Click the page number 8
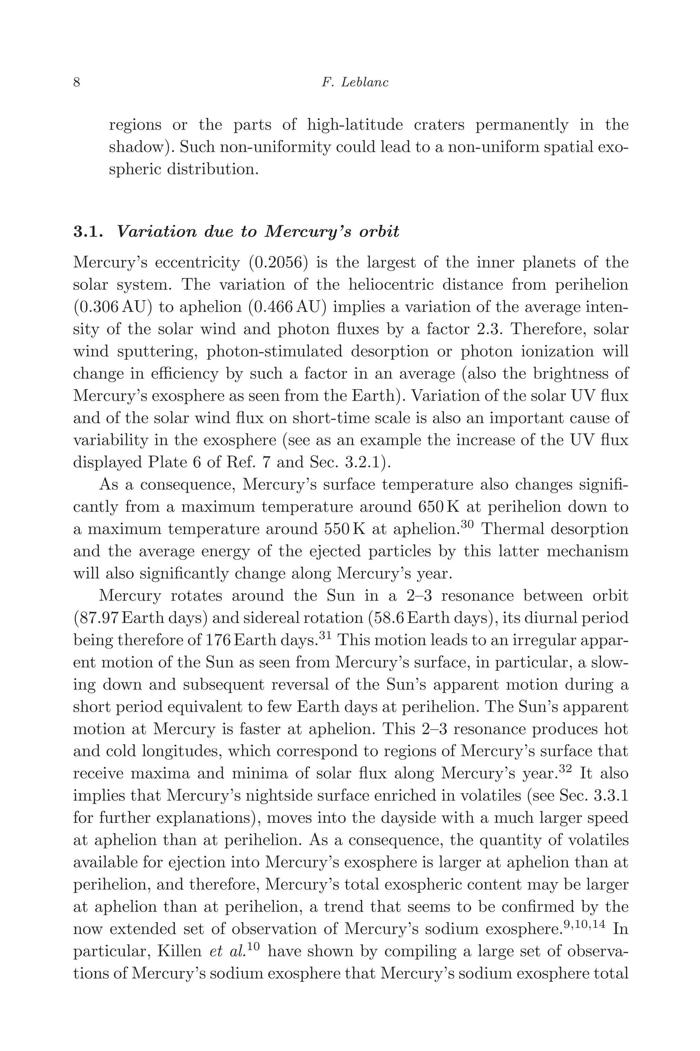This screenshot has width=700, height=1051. [x=77, y=83]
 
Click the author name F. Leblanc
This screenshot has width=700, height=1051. [x=355, y=83]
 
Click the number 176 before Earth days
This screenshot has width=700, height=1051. [x=218, y=641]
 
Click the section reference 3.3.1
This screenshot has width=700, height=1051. [x=611, y=796]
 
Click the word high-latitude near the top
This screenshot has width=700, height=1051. [x=355, y=125]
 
